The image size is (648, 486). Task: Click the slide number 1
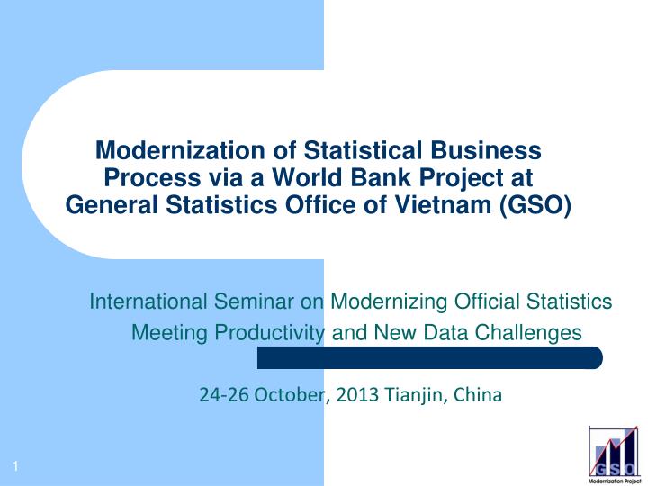tap(17, 463)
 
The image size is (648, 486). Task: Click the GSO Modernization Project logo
tap(614, 454)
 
